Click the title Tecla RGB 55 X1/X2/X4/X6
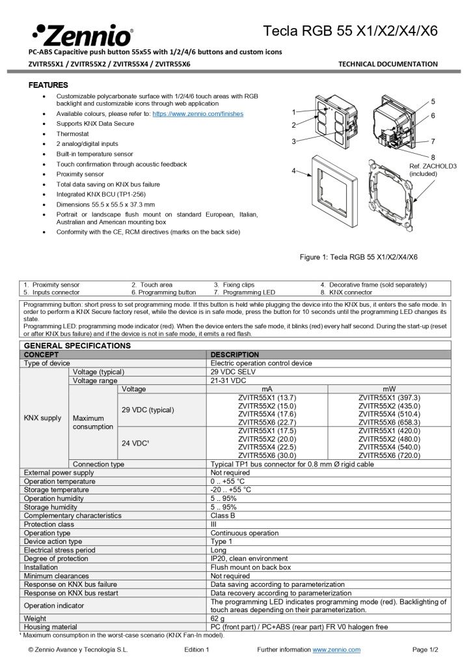tap(350, 31)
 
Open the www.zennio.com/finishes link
tap(198, 113)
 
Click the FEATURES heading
tap(48, 85)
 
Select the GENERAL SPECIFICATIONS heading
tap(77, 345)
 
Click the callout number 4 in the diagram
tap(294, 171)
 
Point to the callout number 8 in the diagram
tap(433, 157)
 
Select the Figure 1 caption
tap(358, 257)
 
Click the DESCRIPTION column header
tap(235, 354)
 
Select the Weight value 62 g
tap(218, 617)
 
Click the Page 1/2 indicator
tap(425, 649)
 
